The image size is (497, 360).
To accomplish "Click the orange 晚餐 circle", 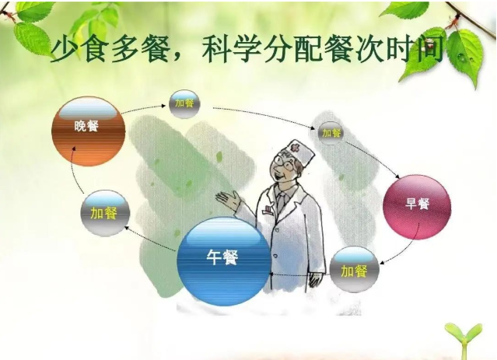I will click(x=88, y=130).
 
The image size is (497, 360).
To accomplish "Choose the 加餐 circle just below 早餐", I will click(x=354, y=271).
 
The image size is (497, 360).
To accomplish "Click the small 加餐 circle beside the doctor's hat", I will click(x=331, y=133).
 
